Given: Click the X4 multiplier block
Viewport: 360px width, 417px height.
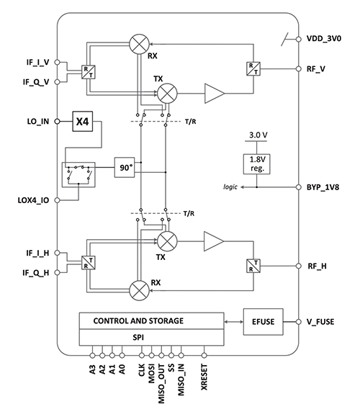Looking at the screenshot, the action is pyautogui.click(x=83, y=122).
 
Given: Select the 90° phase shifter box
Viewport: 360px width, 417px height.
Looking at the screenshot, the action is pyautogui.click(x=125, y=168).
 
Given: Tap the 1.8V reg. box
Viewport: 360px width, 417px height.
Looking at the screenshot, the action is pyautogui.click(x=257, y=164).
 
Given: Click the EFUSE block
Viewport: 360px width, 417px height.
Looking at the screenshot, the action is pyautogui.click(x=264, y=322).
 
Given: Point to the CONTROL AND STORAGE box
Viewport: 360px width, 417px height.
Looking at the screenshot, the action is pyautogui.click(x=151, y=321).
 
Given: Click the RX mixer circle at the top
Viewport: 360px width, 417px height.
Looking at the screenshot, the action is pyautogui.click(x=139, y=44).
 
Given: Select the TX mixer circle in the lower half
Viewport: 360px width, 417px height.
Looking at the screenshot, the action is pyautogui.click(x=167, y=241).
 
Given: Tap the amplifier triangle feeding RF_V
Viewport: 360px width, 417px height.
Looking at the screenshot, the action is pyautogui.click(x=215, y=94).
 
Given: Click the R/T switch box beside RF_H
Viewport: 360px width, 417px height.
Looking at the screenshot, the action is pyautogui.click(x=253, y=266).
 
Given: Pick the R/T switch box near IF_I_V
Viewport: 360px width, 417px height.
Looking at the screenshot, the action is pyautogui.click(x=89, y=72).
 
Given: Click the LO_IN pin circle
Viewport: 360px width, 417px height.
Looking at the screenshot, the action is pyautogui.click(x=57, y=122).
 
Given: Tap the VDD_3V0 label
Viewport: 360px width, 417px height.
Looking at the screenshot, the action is pyautogui.click(x=324, y=39).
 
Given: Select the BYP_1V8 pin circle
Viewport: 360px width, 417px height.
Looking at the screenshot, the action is pyautogui.click(x=299, y=187).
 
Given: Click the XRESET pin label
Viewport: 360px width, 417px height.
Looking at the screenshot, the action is pyautogui.click(x=204, y=377).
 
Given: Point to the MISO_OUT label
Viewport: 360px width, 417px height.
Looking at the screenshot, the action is pyautogui.click(x=161, y=384).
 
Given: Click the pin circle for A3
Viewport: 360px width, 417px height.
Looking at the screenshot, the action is pyautogui.click(x=92, y=355).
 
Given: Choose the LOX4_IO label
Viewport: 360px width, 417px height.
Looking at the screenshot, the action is pyautogui.click(x=33, y=200).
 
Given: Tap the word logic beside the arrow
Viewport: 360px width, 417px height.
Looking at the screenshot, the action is pyautogui.click(x=230, y=187).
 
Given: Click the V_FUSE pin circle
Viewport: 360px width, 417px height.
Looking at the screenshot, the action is pyautogui.click(x=299, y=322).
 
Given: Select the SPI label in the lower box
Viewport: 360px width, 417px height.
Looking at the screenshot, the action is pyautogui.click(x=138, y=338).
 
